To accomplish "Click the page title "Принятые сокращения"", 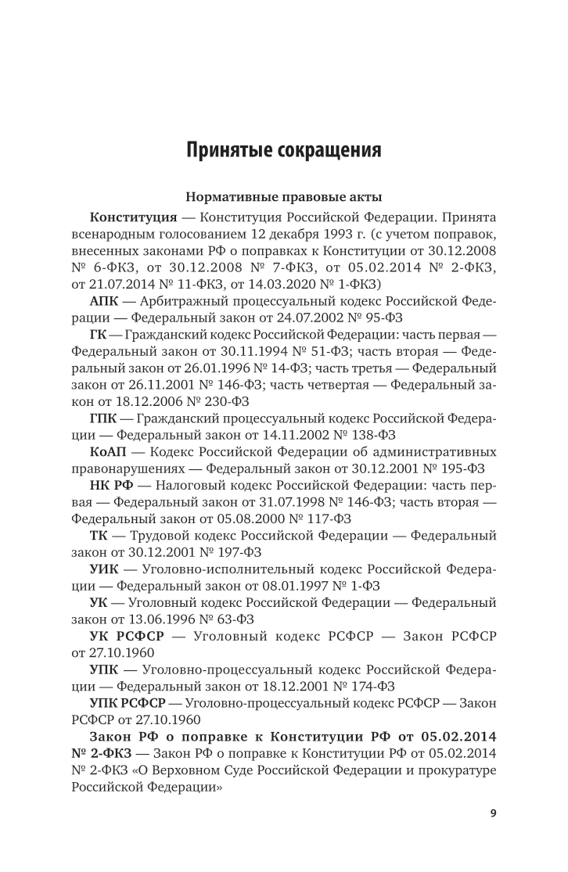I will tap(283, 149).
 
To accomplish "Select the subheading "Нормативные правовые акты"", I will tap(283, 198).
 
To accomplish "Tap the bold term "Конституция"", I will tap(133, 217).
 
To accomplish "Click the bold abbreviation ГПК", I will tap(106, 418).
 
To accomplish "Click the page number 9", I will tap(493, 813).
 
